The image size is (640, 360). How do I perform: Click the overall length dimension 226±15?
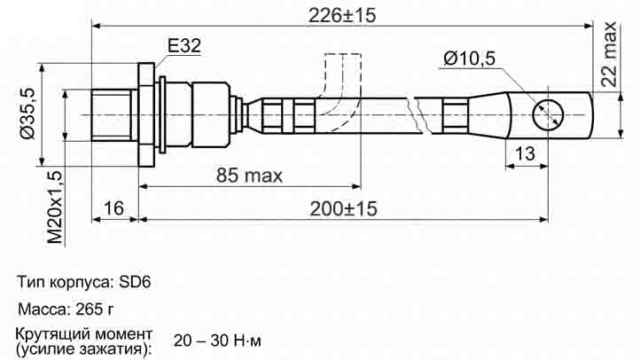342,15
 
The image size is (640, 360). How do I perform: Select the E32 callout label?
184,46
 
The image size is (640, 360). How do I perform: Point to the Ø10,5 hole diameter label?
470,59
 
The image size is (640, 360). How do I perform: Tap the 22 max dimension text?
609,54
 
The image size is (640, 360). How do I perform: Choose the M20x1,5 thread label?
55,207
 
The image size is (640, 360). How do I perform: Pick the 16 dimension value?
113,208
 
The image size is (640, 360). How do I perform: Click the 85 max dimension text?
249,176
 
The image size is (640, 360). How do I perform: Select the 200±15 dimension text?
343,208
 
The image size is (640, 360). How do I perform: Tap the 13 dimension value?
525,153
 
